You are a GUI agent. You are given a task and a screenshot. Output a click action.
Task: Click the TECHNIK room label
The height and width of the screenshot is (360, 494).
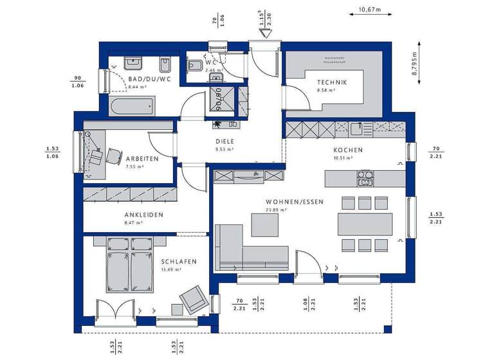(x=331, y=82)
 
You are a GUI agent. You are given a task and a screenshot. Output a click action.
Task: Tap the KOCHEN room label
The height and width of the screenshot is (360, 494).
(x=348, y=150)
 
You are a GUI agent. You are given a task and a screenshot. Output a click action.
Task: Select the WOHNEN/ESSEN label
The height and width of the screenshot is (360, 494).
(x=295, y=201)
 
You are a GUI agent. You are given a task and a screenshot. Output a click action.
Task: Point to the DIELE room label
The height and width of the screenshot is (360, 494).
(x=224, y=141)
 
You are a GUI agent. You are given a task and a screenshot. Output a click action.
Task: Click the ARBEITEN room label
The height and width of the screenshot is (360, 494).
(x=143, y=158)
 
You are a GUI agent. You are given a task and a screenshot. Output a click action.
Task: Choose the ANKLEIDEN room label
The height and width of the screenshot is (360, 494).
(x=143, y=215)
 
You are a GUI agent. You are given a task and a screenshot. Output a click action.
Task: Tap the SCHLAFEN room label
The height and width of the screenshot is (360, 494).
(x=179, y=262)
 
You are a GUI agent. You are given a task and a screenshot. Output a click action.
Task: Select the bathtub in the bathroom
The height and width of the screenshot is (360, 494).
(x=131, y=105)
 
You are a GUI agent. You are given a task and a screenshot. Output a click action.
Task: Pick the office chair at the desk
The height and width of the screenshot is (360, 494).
(x=114, y=156)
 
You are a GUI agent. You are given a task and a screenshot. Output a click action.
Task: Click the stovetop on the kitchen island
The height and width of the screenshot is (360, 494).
(x=365, y=177)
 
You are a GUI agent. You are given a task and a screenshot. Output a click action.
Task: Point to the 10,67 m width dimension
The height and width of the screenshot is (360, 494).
(x=369, y=10)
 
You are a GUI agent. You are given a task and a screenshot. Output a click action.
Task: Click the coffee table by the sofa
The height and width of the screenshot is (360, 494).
(x=265, y=224)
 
